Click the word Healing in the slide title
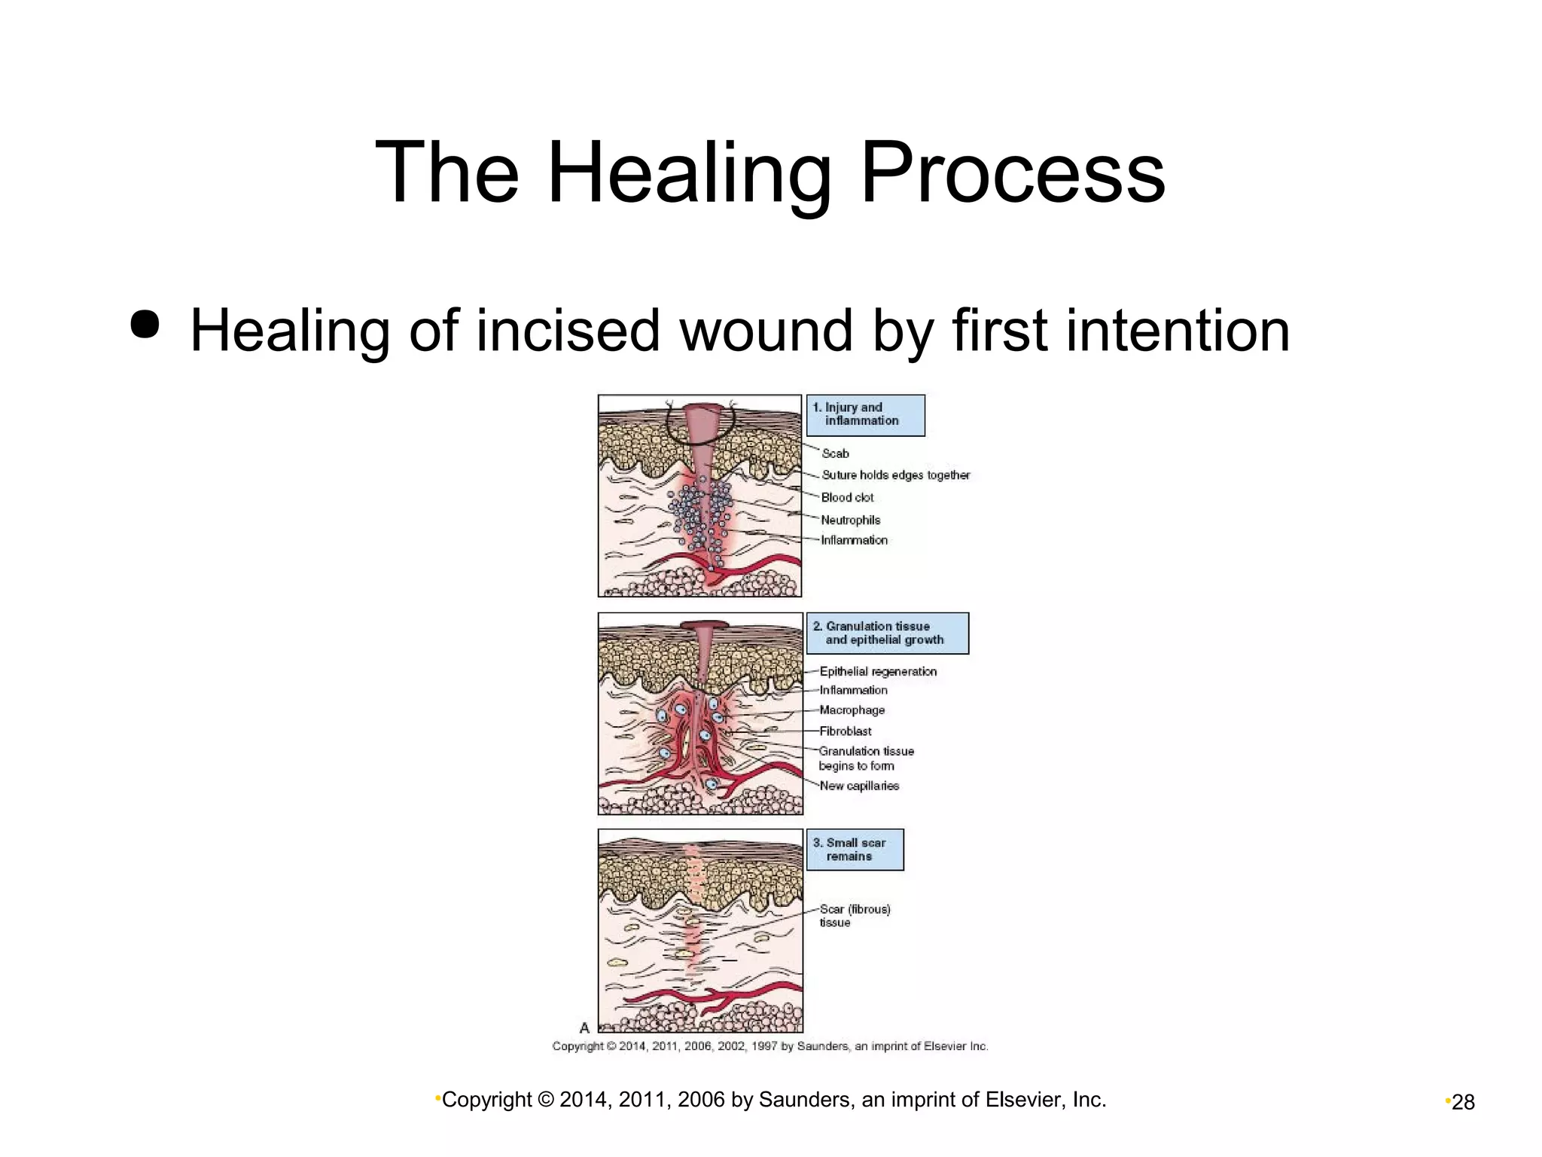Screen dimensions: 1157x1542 click(688, 175)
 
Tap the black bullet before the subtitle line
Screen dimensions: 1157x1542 click(145, 325)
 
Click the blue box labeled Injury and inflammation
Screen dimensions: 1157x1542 click(865, 415)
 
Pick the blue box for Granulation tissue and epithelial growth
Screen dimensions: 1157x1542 click(887, 633)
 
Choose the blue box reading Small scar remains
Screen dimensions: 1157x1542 click(855, 850)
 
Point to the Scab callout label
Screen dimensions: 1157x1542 click(835, 453)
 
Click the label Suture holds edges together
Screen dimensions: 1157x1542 click(895, 475)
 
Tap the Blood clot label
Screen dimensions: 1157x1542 click(847, 498)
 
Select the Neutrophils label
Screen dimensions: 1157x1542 click(850, 520)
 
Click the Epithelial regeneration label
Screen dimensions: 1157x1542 click(878, 672)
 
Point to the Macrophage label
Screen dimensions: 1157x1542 click(852, 710)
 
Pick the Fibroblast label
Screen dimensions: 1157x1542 click(845, 731)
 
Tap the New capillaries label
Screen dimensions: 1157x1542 click(859, 786)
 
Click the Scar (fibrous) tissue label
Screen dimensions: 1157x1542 click(854, 916)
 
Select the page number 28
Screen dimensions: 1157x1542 click(1463, 1103)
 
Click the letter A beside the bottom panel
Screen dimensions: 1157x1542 click(584, 1028)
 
